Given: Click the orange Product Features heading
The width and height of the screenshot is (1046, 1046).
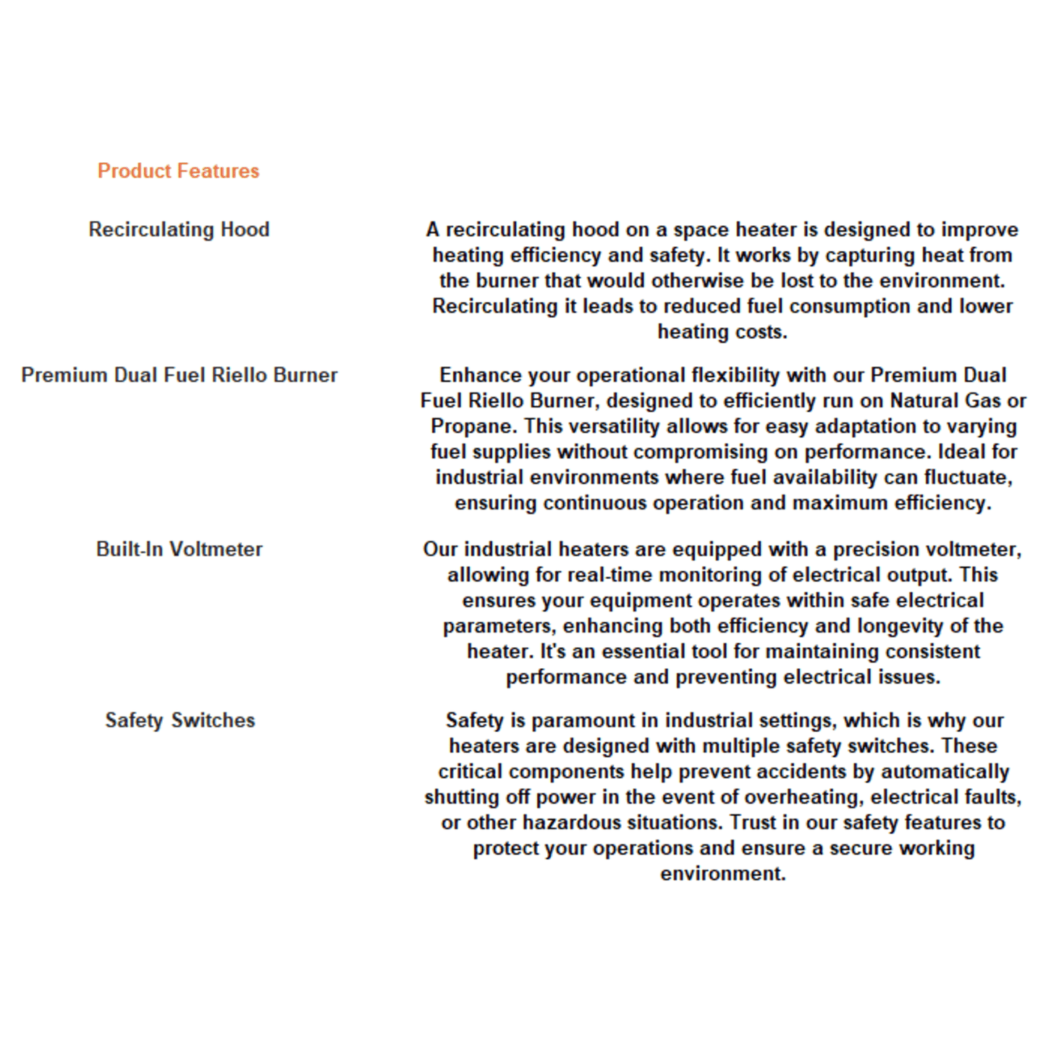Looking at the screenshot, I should coord(178,171).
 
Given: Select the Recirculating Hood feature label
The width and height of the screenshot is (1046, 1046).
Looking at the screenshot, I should coord(179,229).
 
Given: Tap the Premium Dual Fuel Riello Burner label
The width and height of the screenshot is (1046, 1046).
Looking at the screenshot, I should coord(179,375).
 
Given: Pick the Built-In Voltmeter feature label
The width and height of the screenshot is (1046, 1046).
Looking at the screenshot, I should coord(179,549).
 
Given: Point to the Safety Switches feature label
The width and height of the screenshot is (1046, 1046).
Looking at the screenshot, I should coord(180,720).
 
